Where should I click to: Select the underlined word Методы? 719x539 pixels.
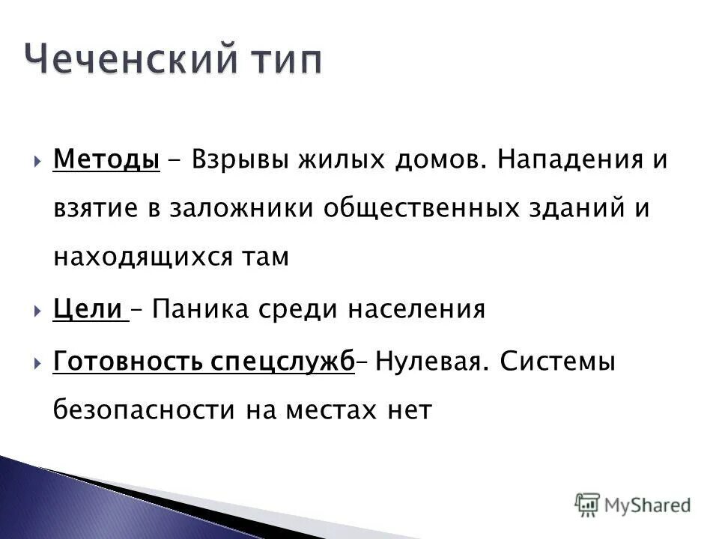(x=106, y=160)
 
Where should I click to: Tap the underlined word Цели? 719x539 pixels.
(x=88, y=309)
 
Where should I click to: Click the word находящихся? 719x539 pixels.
(x=143, y=257)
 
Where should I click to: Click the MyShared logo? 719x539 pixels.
(x=633, y=504)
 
